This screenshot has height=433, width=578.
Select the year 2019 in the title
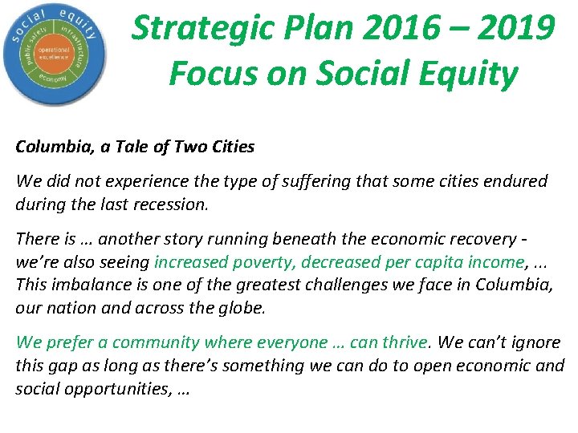click(513, 29)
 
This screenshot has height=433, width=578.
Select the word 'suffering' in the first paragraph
click(267, 181)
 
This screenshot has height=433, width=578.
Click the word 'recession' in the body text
click(172, 204)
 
